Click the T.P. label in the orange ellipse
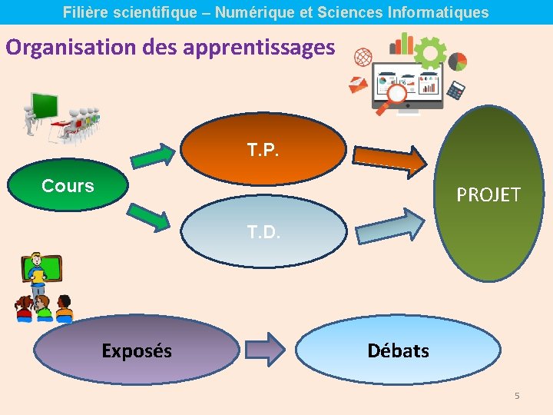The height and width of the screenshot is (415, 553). point(263,149)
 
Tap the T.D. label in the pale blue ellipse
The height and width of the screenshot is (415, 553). point(263,231)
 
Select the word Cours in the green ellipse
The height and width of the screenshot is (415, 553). point(68,186)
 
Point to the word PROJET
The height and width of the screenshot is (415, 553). point(488,195)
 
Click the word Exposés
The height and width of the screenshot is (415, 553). point(137,351)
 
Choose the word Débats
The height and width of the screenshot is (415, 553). point(398,351)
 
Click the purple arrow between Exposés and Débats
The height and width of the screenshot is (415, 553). point(266,349)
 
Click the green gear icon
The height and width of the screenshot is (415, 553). point(430,52)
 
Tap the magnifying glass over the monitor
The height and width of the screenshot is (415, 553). point(396,97)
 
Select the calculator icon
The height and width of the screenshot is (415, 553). point(456,89)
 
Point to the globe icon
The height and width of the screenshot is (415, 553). point(363,58)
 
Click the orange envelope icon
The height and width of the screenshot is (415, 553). point(358,85)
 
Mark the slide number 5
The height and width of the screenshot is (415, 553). point(517,396)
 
